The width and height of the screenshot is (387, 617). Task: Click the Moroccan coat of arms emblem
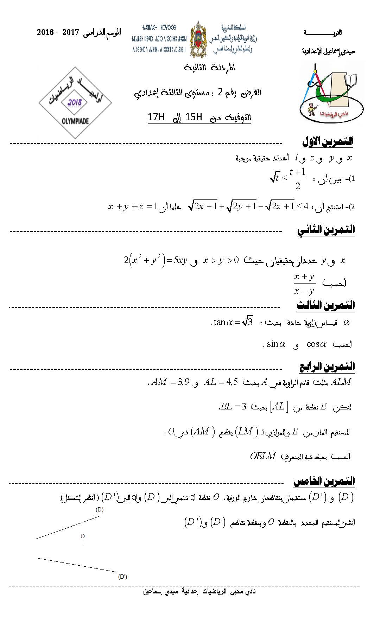198,39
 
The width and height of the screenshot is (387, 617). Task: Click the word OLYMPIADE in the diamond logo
75,121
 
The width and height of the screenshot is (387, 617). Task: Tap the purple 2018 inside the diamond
75,102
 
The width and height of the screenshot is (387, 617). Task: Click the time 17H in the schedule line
156,117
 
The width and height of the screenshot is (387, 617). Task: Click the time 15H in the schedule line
194,117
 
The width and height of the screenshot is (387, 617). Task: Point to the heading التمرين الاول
328,142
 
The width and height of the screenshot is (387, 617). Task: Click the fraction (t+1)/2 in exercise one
298,179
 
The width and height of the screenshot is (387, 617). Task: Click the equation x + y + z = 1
133,206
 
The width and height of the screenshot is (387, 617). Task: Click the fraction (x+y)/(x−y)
304,284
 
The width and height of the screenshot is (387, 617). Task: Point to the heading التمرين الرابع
327,367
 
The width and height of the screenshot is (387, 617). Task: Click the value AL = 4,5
221,382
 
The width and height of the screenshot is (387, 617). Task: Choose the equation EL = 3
233,407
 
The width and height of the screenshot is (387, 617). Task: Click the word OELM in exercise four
262,456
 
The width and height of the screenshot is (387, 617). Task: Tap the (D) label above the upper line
100,509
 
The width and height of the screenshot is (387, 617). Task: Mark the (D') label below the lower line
122,577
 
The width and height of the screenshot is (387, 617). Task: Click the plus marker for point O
83,543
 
